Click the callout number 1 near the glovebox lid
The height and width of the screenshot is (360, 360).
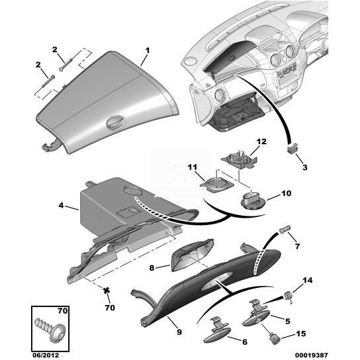click(x=147, y=50)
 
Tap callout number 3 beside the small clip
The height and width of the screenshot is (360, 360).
click(x=304, y=167)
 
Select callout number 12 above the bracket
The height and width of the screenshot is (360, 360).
click(x=261, y=142)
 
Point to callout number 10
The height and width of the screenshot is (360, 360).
click(x=287, y=193)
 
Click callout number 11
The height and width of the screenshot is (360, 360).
click(x=193, y=167)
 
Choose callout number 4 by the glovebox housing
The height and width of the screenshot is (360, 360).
click(x=61, y=205)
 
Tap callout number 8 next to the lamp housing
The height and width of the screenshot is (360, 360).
click(x=152, y=268)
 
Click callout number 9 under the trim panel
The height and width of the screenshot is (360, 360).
click(x=179, y=332)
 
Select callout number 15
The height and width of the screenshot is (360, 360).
click(x=301, y=334)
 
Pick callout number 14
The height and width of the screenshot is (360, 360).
click(x=308, y=281)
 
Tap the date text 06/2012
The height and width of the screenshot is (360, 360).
click(x=46, y=355)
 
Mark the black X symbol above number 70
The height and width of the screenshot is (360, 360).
click(x=107, y=291)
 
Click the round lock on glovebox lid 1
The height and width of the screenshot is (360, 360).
click(x=116, y=122)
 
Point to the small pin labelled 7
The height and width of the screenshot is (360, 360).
click(x=285, y=230)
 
